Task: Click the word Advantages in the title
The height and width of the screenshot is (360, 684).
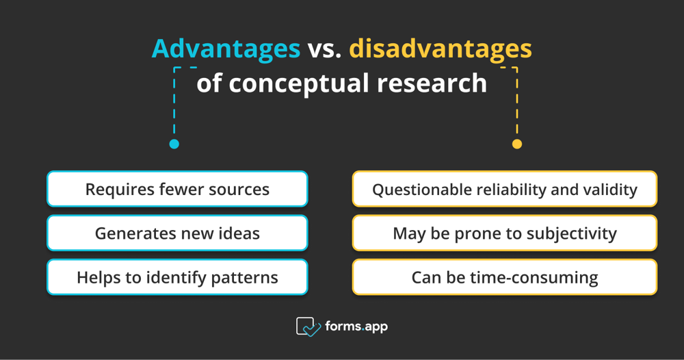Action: [x=226, y=49]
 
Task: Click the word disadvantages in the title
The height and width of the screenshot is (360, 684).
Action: [x=440, y=49]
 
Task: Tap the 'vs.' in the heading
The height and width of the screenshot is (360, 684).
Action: [x=325, y=49]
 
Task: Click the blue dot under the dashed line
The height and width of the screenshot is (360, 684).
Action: [x=174, y=144]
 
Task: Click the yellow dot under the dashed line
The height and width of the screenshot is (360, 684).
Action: [x=517, y=144]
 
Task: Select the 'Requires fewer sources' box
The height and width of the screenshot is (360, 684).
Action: [x=177, y=189]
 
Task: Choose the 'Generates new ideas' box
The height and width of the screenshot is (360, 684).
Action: [x=177, y=233]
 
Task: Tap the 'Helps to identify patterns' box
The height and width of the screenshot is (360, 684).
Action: [x=177, y=277]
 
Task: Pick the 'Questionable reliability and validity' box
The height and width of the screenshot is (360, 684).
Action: [x=505, y=189]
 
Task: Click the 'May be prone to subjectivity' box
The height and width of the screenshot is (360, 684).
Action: [x=505, y=233]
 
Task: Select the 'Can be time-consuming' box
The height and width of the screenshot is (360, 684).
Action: [x=505, y=277]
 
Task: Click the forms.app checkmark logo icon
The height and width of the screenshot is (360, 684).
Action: [x=308, y=327]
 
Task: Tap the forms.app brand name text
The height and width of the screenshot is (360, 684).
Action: [x=357, y=326]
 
